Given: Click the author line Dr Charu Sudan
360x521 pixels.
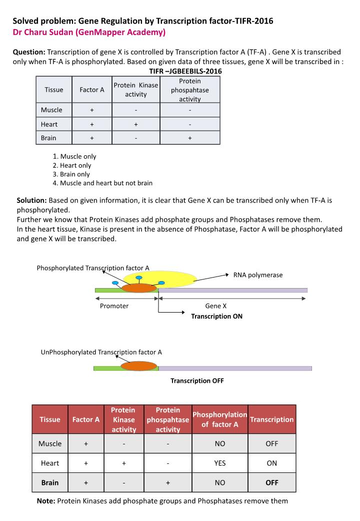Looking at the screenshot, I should pyautogui.click(x=88, y=33).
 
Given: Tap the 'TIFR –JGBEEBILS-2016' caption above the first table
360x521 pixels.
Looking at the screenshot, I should pyautogui.click(x=178, y=71).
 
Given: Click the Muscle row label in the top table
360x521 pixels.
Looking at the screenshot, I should pyautogui.click(x=51, y=110).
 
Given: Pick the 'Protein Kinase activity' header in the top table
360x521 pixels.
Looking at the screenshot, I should pyautogui.click(x=135, y=90).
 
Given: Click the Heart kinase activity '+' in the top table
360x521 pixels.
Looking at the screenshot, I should pyautogui.click(x=135, y=124).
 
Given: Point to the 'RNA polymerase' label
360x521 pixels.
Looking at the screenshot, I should pyautogui.click(x=258, y=275).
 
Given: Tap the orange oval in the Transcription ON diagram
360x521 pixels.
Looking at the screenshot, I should pyautogui.click(x=139, y=288).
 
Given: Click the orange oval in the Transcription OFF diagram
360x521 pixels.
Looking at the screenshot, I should pyautogui.click(x=138, y=366).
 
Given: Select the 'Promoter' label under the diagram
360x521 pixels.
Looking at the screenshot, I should pyautogui.click(x=114, y=306).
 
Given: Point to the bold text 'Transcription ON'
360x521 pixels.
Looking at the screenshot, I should pyautogui.click(x=216, y=316).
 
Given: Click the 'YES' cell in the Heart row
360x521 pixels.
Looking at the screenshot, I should pyautogui.click(x=219, y=463).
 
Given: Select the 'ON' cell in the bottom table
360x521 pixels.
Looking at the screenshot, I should pyautogui.click(x=271, y=463).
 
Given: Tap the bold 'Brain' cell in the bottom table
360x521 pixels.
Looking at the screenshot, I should pyautogui.click(x=50, y=483).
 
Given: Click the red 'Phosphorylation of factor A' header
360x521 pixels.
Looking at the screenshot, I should pyautogui.click(x=219, y=419).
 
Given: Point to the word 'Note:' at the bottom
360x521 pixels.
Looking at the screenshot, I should pyautogui.click(x=46, y=501).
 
